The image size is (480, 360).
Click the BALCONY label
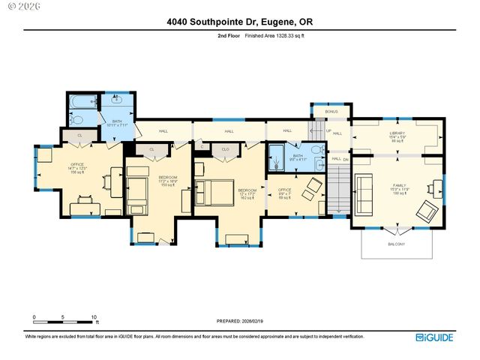point(396,244)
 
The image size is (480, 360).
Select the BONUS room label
point(331,112)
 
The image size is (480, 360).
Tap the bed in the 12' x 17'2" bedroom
point(211,192)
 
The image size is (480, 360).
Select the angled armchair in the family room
point(427,210)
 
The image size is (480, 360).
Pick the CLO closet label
point(224,149)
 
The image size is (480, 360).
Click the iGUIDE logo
point(435,337)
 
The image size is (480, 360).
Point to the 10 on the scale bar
point(94,317)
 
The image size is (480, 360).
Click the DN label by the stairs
point(346,159)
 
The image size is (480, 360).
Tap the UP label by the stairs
point(328,130)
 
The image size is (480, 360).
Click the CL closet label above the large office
point(79,135)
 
